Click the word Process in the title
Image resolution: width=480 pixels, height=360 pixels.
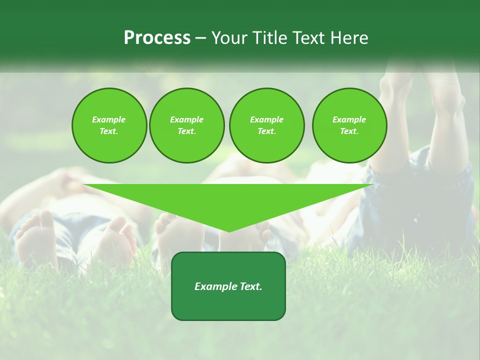click(157, 38)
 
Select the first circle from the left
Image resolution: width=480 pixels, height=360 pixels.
click(109, 125)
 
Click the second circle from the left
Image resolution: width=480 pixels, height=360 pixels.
click(186, 125)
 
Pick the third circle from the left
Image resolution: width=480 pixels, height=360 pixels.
click(266, 125)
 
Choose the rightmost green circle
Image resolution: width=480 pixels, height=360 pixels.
click(349, 125)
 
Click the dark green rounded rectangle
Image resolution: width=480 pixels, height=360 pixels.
click(228, 300)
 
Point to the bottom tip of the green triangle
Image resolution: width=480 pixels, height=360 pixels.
click(229, 231)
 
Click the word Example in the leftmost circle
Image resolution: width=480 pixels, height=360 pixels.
click(109, 119)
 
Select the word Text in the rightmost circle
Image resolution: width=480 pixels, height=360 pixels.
click(349, 131)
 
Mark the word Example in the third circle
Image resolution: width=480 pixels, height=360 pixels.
click(266, 119)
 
